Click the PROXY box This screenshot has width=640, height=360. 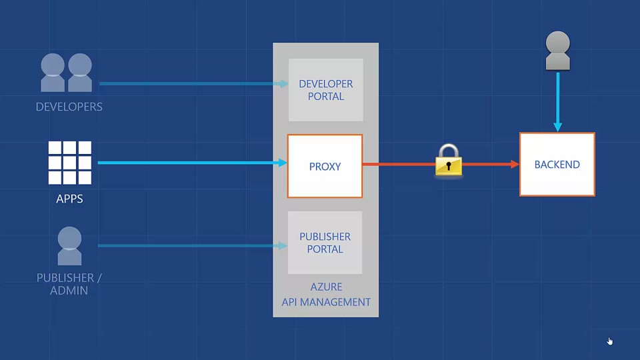point(325,166)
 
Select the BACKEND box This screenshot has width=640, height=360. point(557,165)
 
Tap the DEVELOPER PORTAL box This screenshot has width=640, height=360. point(325,90)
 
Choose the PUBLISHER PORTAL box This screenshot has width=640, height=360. point(325,243)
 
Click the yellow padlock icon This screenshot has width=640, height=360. point(449,161)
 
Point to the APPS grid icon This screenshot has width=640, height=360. point(69,163)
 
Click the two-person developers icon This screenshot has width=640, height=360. point(67,73)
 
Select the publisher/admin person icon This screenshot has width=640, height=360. point(69,246)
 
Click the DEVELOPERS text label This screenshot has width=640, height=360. point(69,107)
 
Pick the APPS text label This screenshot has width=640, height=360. point(69,199)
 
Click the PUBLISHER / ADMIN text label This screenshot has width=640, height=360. point(69,284)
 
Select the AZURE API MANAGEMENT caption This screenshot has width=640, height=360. point(326,295)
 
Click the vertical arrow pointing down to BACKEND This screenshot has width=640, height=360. point(557,100)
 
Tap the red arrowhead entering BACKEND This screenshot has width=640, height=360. point(515,164)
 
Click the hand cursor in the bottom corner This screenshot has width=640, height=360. point(609,341)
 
